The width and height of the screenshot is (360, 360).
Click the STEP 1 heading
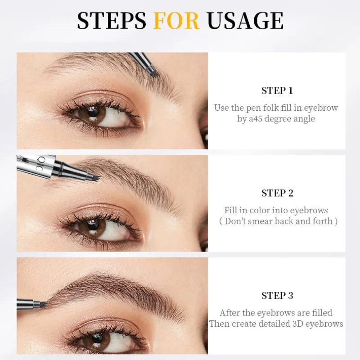(277, 90)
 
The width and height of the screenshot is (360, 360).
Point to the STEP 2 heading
(277, 193)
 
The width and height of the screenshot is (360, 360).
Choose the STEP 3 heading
(277, 296)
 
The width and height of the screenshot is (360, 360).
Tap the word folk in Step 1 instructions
(265, 108)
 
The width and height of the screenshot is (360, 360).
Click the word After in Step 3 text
(229, 312)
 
